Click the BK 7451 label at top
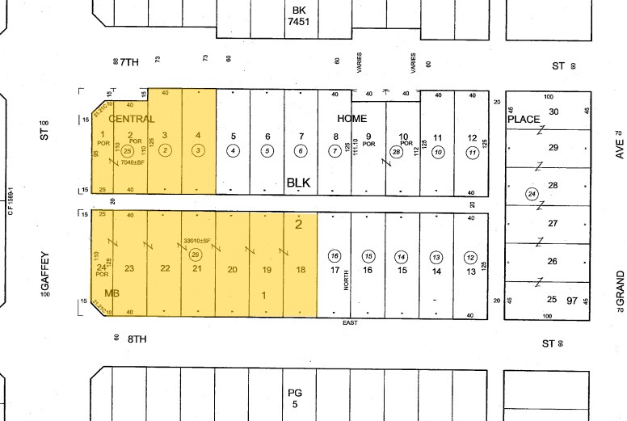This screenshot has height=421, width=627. pos(299,16)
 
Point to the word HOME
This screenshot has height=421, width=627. pos(351,118)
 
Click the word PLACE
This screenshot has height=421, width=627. pos(523,120)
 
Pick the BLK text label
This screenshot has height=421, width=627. pos(298,183)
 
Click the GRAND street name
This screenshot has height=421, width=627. pos(620,288)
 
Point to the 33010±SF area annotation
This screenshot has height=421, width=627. pos(196,241)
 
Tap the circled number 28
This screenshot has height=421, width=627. pos(396,151)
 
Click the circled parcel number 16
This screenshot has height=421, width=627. pos(335,256)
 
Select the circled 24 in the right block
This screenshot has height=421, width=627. pos(531,194)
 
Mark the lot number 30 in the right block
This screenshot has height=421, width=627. pos(554,112)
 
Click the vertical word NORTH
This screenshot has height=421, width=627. pos(345,280)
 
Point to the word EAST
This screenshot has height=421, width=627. pos(350,322)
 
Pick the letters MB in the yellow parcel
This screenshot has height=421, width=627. pos(112,293)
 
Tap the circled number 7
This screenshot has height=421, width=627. pos(334,151)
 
